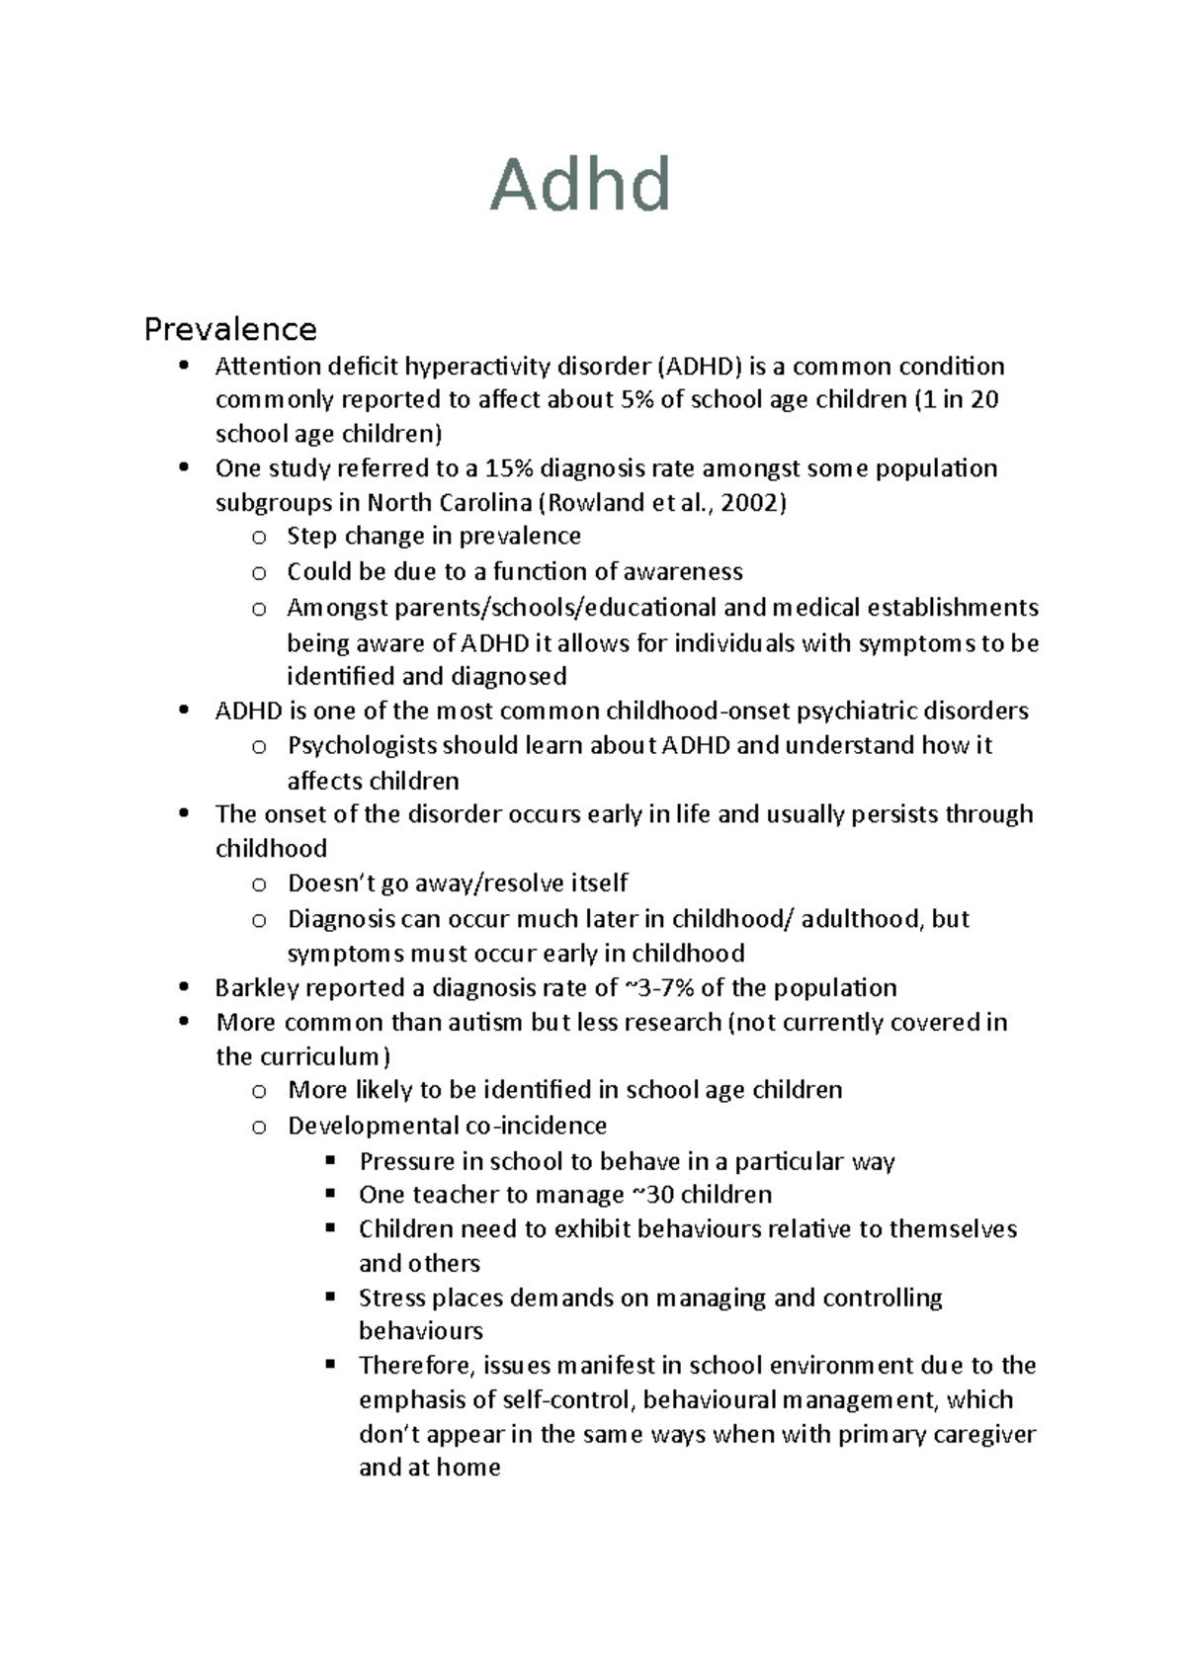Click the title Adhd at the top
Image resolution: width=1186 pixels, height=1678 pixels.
coord(581,185)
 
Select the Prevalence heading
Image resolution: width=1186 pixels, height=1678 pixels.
coord(230,328)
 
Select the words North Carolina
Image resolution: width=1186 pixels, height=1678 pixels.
coord(450,503)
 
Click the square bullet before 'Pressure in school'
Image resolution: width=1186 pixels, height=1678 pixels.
coord(330,1160)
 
